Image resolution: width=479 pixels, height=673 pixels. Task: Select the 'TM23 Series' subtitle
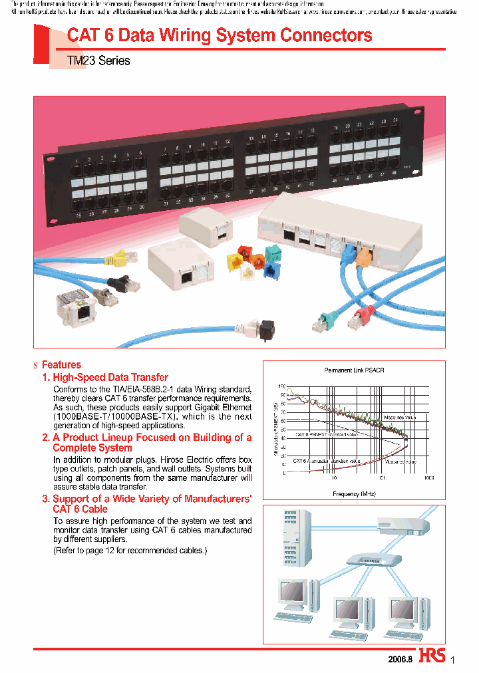tap(98, 61)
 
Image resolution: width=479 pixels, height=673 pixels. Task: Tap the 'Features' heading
tap(61, 364)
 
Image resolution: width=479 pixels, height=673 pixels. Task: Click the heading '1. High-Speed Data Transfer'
tap(105, 377)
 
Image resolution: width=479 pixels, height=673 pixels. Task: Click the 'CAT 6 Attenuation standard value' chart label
tap(327, 460)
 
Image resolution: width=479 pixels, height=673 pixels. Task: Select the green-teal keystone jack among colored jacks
tap(273, 254)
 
